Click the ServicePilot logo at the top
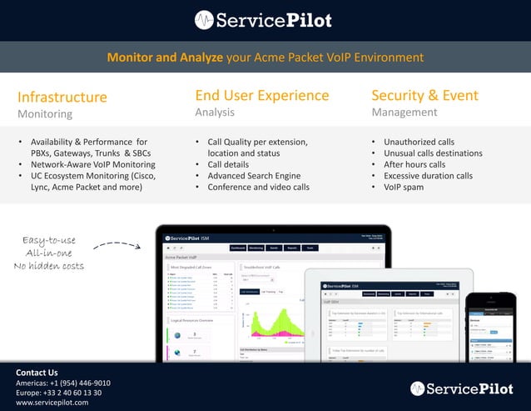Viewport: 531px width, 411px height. pyautogui.click(x=265, y=19)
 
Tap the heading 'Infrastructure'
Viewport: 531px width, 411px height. pyautogui.click(x=62, y=96)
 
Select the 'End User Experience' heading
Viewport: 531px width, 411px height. pyautogui.click(x=262, y=95)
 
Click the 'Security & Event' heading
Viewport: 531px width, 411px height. pyautogui.click(x=424, y=95)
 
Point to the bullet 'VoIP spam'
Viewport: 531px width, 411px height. pyautogui.click(x=404, y=187)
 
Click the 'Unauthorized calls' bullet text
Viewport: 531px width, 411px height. pyautogui.click(x=419, y=142)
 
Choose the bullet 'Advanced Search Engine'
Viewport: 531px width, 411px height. pyautogui.click(x=254, y=176)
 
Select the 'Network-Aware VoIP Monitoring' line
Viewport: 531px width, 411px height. pyautogui.click(x=92, y=164)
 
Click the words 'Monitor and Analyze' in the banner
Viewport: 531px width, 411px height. pyautogui.click(x=164, y=58)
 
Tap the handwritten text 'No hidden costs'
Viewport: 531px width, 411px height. pyautogui.click(x=49, y=266)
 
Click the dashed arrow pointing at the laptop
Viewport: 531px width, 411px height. pyautogui.click(x=117, y=246)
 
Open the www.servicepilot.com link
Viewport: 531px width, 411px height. pyautogui.click(x=52, y=403)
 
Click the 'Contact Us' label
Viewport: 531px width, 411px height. pyautogui.click(x=37, y=372)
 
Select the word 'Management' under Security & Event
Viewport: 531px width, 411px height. pyautogui.click(x=404, y=113)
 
